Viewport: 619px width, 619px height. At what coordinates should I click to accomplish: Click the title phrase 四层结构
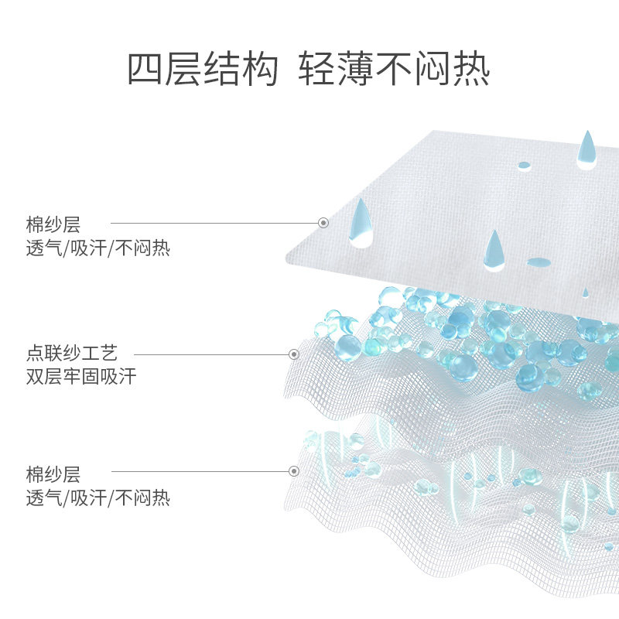202,70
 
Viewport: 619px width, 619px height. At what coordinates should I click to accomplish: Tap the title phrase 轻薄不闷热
394,70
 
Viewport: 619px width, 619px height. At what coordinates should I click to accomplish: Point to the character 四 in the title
145,70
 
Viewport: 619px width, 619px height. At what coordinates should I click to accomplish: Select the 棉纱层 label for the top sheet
53,225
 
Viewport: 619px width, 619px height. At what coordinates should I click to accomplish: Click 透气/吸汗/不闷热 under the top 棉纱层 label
98,248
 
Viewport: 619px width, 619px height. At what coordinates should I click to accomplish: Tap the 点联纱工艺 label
72,354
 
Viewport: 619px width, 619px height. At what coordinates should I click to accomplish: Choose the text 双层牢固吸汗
81,378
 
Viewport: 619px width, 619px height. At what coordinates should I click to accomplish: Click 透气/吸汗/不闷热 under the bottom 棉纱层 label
98,498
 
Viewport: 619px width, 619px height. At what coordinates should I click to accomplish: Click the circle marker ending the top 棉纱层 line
323,223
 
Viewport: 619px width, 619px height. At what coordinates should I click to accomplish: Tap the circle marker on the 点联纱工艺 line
294,354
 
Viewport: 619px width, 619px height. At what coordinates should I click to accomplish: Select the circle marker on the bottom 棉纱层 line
294,470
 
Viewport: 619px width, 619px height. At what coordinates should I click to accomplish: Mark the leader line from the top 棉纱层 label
213,223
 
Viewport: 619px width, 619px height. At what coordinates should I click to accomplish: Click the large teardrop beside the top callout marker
361,222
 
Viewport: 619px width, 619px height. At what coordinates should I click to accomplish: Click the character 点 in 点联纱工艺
35,354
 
